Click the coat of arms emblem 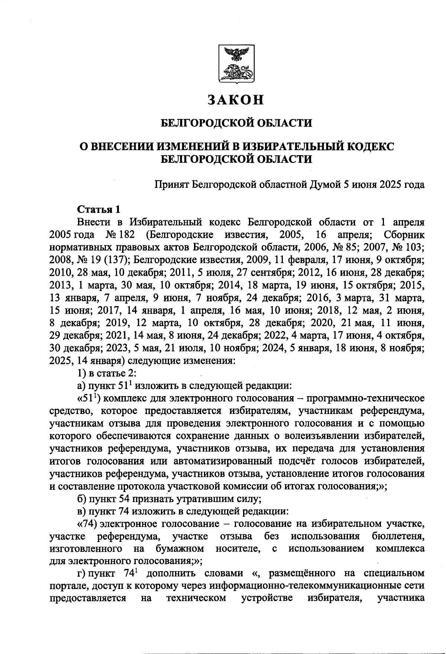click(236, 64)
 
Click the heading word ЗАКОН click(236, 100)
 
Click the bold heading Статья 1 click(98, 210)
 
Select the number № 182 click(120, 235)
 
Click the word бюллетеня click(398, 537)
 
